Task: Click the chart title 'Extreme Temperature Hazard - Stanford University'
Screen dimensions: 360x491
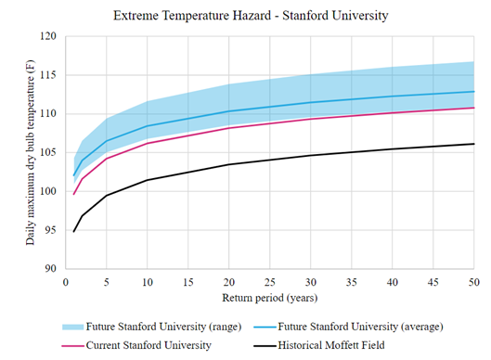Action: click(251, 17)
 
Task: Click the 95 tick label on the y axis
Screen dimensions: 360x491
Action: click(51, 230)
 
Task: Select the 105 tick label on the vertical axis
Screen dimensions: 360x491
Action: click(48, 152)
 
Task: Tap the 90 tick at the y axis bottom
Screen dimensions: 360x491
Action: click(51, 269)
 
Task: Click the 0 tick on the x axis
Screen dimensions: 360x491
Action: click(65, 281)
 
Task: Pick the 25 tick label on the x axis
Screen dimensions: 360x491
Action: click(269, 281)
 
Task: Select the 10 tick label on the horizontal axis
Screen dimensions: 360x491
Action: click(147, 281)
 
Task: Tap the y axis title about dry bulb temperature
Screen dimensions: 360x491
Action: click(31, 152)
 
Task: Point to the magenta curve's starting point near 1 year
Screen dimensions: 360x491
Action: click(73, 194)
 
